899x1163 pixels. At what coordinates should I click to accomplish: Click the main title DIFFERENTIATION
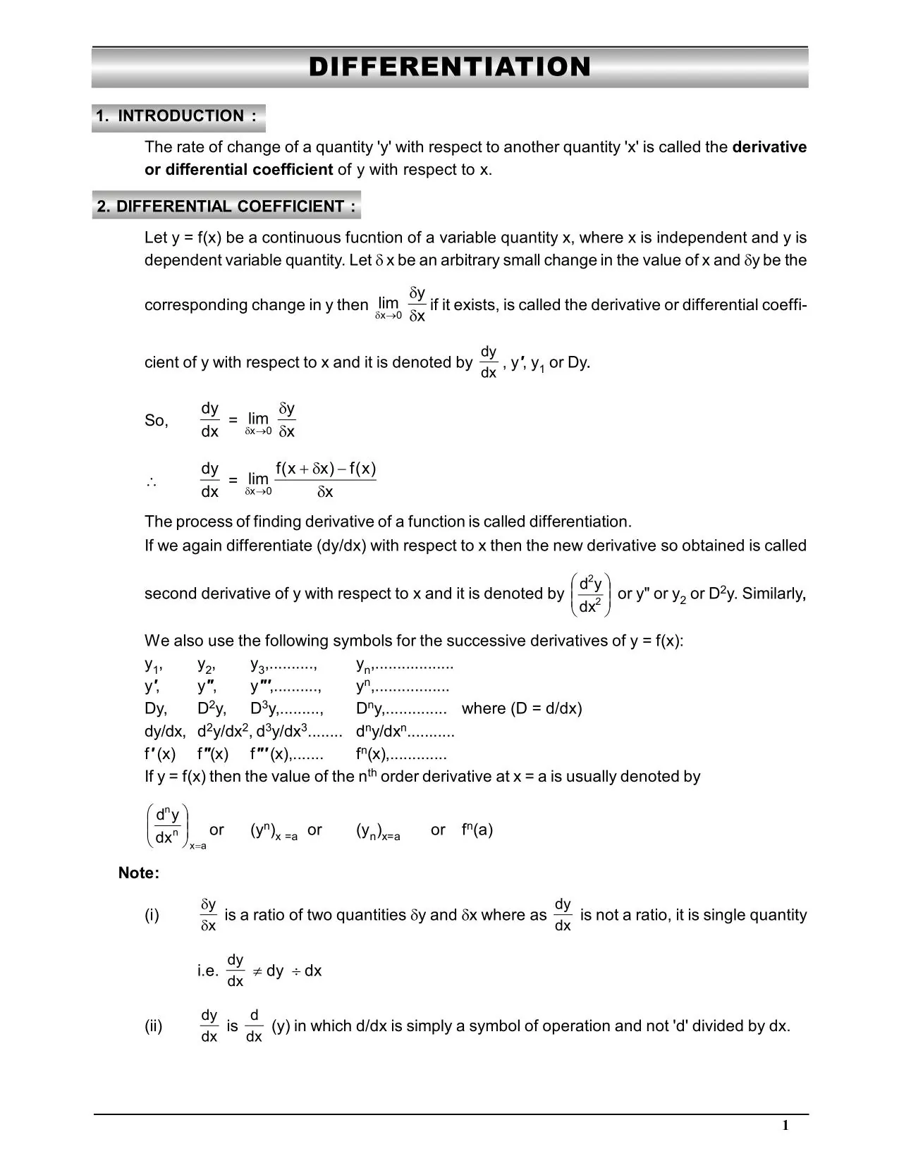(450, 67)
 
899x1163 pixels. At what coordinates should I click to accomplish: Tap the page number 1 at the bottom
(785, 1125)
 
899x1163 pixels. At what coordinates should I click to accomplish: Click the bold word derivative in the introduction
(769, 147)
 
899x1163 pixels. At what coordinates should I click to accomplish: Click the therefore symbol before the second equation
(151, 483)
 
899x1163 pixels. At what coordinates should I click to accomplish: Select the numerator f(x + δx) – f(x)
(325, 469)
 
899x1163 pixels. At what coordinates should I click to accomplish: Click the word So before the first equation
(156, 421)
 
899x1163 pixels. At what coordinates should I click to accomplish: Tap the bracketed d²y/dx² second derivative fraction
(589, 594)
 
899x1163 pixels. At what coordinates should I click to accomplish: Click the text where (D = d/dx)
(522, 708)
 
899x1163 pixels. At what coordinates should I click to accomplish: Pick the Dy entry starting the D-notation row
(155, 708)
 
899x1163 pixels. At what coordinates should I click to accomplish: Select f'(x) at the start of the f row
(160, 754)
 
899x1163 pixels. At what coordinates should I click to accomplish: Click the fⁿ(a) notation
(477, 830)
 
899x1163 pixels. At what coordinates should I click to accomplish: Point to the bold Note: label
(139, 873)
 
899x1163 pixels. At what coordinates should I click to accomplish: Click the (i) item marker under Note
(152, 915)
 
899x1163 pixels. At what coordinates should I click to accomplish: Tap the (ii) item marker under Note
(153, 1026)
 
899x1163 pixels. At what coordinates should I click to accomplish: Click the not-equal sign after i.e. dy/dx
(257, 971)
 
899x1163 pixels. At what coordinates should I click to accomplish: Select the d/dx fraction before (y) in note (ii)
(254, 1026)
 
